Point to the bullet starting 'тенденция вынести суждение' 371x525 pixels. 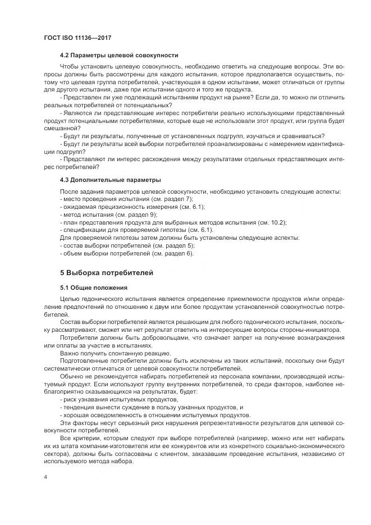(x=150, y=407)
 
